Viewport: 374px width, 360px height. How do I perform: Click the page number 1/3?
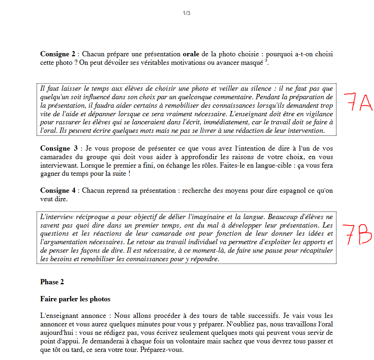(186, 13)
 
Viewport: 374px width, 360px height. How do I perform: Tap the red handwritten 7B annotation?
(357, 234)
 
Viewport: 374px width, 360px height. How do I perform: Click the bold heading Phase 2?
(52, 282)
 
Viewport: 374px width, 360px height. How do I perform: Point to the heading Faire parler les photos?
(75, 299)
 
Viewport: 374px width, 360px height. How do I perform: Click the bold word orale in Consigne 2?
(191, 54)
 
